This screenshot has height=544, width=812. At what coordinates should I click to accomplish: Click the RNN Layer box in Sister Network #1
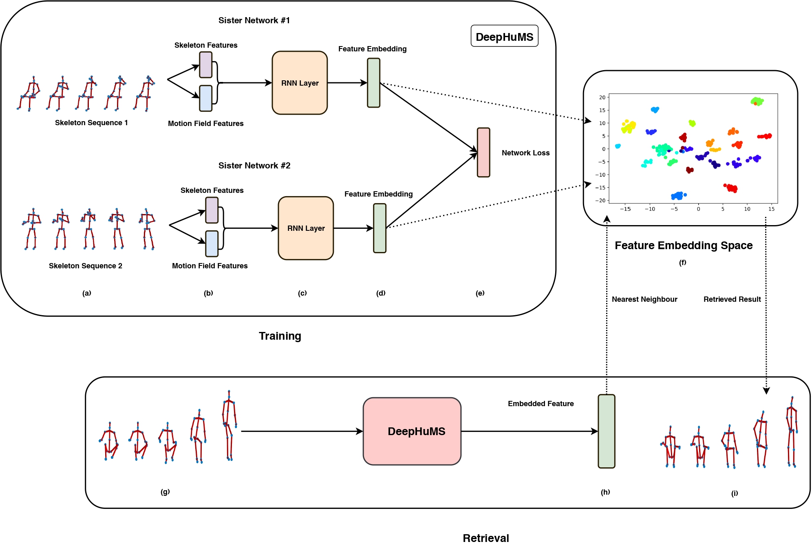(300, 83)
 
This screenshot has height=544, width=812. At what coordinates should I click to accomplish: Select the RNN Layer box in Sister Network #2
(306, 228)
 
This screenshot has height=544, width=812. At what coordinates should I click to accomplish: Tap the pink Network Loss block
(483, 153)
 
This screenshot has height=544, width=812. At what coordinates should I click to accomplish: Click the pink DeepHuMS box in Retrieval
(412, 431)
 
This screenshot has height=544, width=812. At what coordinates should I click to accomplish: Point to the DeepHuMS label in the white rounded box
(504, 37)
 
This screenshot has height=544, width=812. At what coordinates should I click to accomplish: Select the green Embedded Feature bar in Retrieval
(606, 431)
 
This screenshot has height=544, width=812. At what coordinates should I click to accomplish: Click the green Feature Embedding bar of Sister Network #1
(373, 83)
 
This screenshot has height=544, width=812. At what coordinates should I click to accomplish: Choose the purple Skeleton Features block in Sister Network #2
(212, 210)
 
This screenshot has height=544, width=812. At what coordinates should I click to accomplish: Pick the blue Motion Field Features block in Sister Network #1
(205, 98)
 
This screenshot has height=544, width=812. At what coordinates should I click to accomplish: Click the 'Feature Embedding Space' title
(684, 245)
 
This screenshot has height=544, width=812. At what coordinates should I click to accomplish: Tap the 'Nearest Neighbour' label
(644, 299)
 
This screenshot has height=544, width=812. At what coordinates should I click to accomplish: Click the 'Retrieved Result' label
(732, 299)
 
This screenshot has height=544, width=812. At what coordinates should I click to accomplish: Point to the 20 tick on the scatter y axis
(602, 97)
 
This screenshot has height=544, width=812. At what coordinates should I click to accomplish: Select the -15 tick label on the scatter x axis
(625, 209)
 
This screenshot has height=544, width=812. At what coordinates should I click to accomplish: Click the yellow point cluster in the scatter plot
(628, 126)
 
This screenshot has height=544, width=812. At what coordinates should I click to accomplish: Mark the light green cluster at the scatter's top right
(757, 101)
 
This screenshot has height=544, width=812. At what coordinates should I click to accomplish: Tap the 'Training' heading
(280, 336)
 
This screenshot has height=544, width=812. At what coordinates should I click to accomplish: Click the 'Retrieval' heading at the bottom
(486, 538)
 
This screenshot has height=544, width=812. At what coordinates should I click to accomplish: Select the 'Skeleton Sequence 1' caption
(91, 123)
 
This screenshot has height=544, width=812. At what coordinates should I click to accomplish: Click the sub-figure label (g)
(165, 492)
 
